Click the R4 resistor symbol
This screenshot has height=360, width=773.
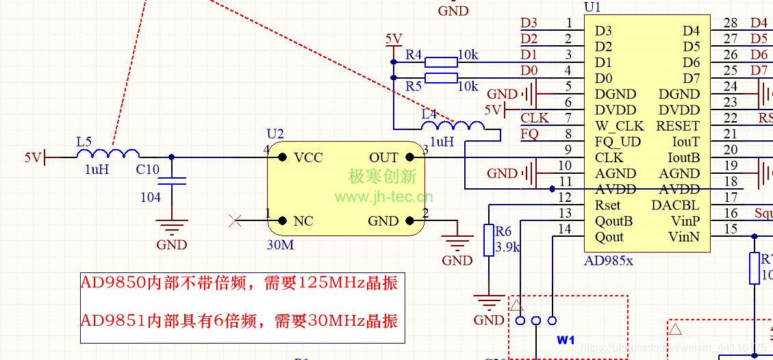[x=441, y=62]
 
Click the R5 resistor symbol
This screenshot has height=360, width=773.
[x=441, y=78]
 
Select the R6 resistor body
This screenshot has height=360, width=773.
[x=488, y=240]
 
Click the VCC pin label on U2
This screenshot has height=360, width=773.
[x=308, y=157]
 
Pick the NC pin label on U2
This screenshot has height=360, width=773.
[x=303, y=221]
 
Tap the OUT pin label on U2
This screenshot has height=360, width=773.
[x=383, y=157]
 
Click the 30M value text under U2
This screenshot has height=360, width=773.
[x=280, y=244]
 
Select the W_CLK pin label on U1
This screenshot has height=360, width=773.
[x=619, y=126]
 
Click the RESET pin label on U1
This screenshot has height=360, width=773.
[x=678, y=126]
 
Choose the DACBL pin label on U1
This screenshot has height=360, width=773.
[x=675, y=205]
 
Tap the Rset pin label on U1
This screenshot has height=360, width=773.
[x=608, y=205]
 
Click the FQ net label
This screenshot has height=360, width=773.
[x=529, y=134]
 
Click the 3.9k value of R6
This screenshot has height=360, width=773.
[x=508, y=247]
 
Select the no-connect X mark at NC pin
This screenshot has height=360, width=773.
[x=234, y=220]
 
